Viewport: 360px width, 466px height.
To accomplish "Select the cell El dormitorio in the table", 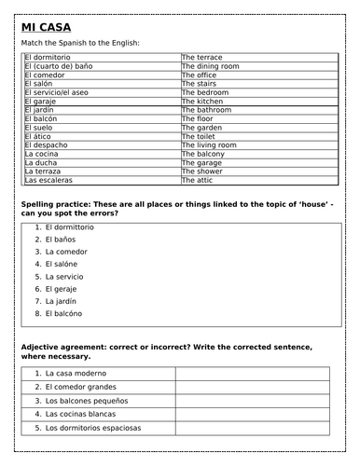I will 55,57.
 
